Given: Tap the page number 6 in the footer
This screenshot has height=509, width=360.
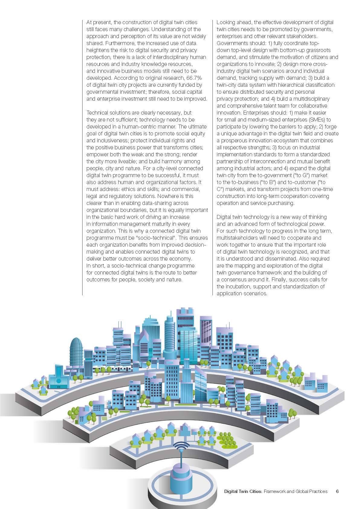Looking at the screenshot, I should coord(337,491).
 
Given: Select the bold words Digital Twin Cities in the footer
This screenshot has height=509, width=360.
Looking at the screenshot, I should coord(243,491).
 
